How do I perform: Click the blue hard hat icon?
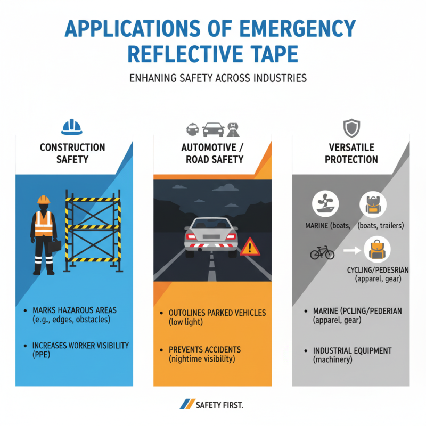point(72,127)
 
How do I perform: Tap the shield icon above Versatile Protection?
point(351,128)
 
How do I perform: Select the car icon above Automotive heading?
point(214,129)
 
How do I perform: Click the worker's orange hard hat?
point(44,200)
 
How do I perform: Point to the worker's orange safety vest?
point(44,224)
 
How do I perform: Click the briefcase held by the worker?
point(55,246)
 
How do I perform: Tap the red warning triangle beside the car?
point(250,247)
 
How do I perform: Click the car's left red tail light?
point(191,236)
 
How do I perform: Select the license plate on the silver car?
point(211,236)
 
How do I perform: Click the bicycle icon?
point(322,252)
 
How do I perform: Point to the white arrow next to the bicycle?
point(352,250)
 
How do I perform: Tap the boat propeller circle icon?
point(325,204)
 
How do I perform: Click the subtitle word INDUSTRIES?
point(280,78)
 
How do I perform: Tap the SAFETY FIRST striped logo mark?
point(187,404)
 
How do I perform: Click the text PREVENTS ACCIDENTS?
point(205,350)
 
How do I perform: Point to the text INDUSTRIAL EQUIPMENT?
point(353,351)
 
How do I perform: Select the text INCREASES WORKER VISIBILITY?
point(81,346)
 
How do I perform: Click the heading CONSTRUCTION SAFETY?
point(72,153)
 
